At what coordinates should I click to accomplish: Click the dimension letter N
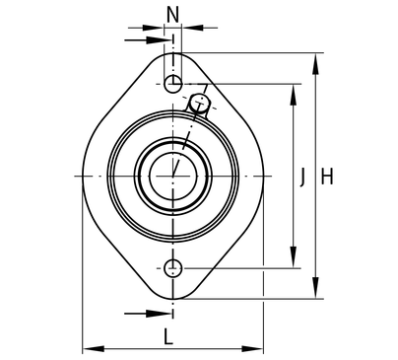pos(173,15)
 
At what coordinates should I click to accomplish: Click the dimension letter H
pos(327,177)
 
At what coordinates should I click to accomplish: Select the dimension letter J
pos(302,177)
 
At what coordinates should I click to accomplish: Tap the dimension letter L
pos(168,337)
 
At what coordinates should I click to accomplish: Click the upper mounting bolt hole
pos(172,84)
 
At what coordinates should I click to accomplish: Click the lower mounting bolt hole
pos(172,268)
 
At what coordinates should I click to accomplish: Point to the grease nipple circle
pos(199,103)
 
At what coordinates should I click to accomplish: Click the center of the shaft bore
pos(173,177)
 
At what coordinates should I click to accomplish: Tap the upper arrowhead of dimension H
pos(315,65)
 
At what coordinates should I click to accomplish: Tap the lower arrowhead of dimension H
pos(315,287)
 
